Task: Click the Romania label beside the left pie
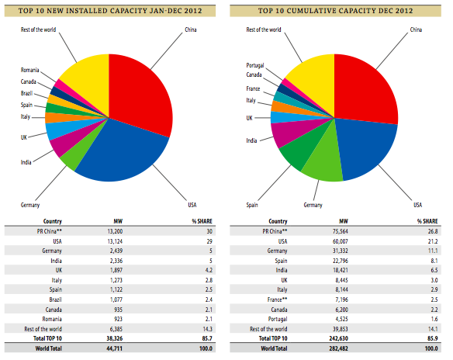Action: tap(29, 70)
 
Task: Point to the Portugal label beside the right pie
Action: tap(254, 65)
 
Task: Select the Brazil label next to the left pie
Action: tap(26, 93)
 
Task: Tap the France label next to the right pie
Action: tap(253, 88)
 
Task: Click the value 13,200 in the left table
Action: tap(115, 231)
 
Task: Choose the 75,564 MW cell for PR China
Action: tap(341, 231)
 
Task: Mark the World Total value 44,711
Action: tap(114, 348)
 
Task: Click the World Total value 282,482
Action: tap(339, 348)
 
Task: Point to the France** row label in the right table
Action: tap(277, 299)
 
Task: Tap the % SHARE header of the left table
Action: tap(202, 221)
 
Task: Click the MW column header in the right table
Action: tap(344, 221)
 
